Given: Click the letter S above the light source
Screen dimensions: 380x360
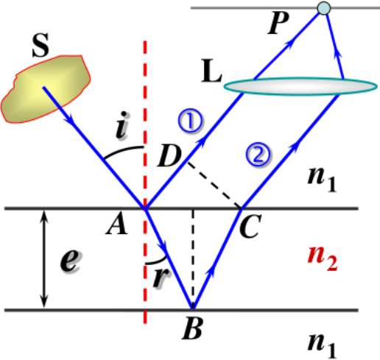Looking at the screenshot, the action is [x=41, y=45].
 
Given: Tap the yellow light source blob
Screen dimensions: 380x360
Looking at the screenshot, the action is [x=46, y=89].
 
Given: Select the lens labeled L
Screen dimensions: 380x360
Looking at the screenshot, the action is [x=300, y=86].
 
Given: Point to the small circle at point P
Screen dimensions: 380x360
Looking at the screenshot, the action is [x=324, y=8].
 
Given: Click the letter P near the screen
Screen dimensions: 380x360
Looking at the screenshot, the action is [x=279, y=23].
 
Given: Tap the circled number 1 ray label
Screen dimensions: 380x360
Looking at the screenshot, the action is [x=190, y=121].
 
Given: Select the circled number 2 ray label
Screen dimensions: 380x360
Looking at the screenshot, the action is [x=258, y=155].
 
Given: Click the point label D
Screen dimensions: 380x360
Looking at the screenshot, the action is [x=169, y=156].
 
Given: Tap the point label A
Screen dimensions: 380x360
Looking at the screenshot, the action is [x=117, y=227].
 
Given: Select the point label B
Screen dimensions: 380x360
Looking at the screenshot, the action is [x=192, y=328].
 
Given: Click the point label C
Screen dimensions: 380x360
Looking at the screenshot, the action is [x=250, y=226].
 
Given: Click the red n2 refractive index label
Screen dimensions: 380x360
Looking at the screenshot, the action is [x=323, y=259].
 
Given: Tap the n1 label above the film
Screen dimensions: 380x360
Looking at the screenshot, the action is [x=322, y=180].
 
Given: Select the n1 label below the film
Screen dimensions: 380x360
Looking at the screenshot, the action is [x=322, y=345].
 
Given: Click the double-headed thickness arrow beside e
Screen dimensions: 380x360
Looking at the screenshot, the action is [x=44, y=259].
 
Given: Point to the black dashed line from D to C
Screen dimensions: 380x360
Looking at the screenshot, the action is [x=214, y=186].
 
